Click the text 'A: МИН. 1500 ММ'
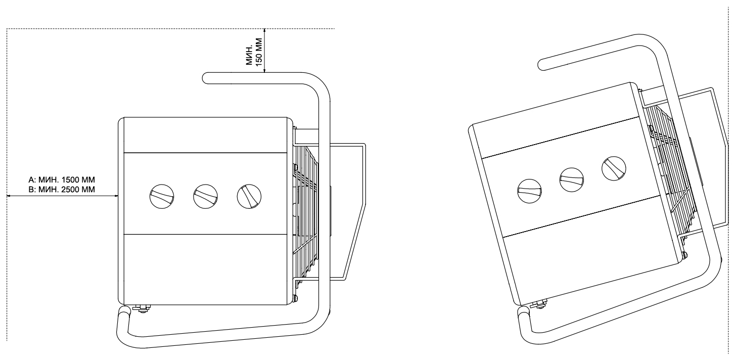coord(62,179)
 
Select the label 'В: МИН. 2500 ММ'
coord(62,190)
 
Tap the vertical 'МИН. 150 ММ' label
coord(254,52)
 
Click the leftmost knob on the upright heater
coord(162,196)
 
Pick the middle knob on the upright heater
coord(205,196)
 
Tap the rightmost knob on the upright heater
coord(249,196)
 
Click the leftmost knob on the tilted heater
coord(530,191)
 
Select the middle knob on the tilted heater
coord(571,179)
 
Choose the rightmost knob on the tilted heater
coord(614,168)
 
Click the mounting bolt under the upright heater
coord(142,308)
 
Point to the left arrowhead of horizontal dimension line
coord(9,196)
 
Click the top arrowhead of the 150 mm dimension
coord(264,31)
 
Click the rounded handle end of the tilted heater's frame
coord(543,65)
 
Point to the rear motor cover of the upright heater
coord(347,211)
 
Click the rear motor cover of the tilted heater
coord(708,157)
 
